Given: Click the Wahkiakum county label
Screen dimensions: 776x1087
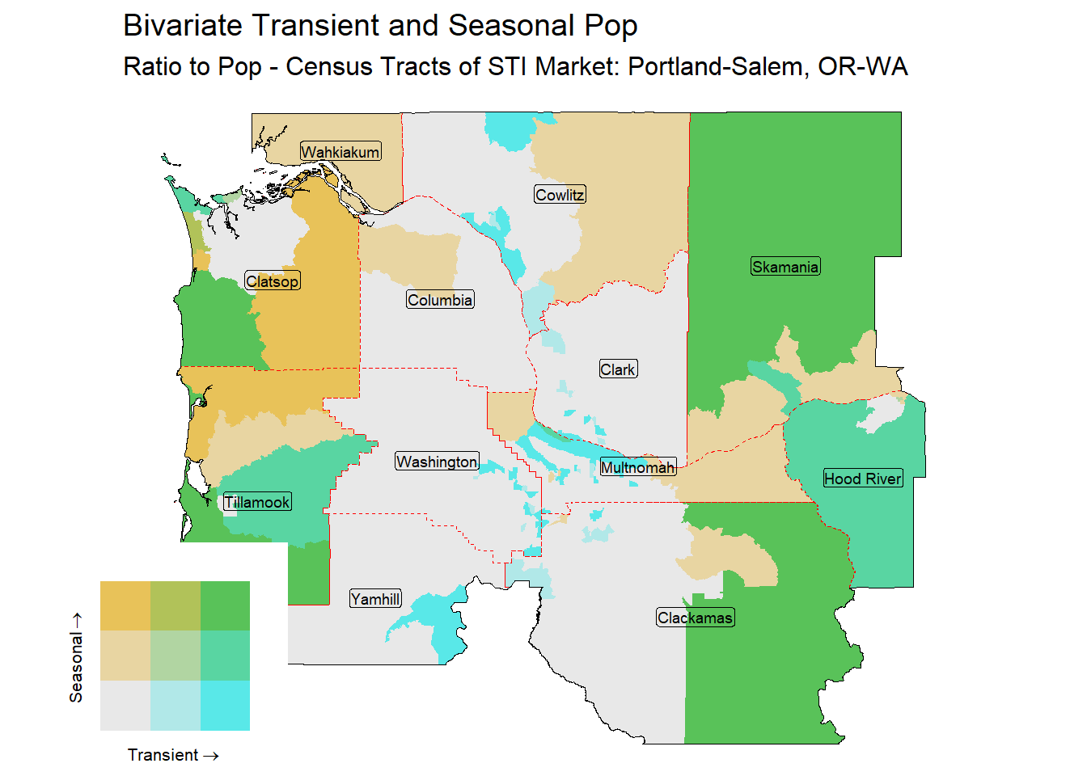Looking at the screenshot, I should pos(340,152).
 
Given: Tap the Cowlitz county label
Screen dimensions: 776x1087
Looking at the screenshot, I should pos(560,195).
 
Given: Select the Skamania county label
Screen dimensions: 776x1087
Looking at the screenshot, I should pos(785,267).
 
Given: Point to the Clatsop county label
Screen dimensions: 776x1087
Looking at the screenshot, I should pos(273,281).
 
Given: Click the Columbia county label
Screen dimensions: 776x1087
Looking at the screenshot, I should pos(440,300).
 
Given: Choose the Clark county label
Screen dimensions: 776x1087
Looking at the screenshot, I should pos(618,369).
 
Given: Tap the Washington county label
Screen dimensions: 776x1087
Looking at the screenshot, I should pos(437,462).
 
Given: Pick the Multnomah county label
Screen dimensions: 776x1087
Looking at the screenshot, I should pos(637,467).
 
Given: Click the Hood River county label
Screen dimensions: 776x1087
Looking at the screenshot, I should pos(862,479).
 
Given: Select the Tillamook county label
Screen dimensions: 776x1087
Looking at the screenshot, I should pos(256,502).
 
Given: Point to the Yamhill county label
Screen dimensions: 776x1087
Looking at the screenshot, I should pos(375,599).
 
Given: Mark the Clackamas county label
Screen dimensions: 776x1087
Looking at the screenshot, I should pos(696,618).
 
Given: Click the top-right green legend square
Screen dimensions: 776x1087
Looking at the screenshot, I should pos(225,606).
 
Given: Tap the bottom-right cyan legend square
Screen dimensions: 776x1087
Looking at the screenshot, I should pos(225,706).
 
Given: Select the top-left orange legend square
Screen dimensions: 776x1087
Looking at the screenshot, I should pos(125,606).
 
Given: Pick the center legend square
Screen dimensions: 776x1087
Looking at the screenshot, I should pos(175,656).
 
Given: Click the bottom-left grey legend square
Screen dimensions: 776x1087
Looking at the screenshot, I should pos(125,706).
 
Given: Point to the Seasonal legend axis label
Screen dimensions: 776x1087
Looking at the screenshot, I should pos(76,657).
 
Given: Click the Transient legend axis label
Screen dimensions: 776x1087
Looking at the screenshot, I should pos(173,755).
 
